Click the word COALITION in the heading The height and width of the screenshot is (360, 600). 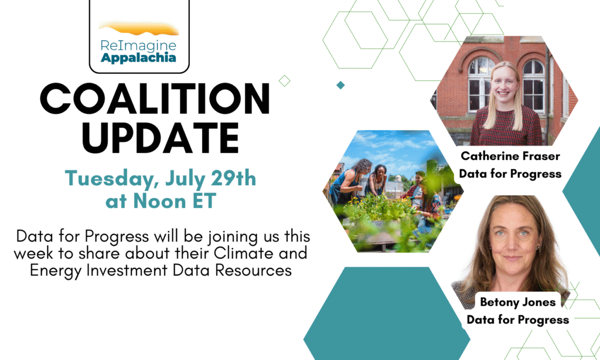(155, 99)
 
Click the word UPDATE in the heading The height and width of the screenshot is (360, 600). (161, 138)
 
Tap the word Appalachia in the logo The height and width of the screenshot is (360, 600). (138, 58)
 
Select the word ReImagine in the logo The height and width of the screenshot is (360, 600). (138, 46)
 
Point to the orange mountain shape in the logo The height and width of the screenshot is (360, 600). (138, 28)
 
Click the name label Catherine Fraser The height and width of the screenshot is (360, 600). (510, 157)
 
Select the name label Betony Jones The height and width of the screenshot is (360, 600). (518, 302)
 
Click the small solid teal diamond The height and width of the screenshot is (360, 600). (340, 85)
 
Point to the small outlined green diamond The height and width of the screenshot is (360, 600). (284, 81)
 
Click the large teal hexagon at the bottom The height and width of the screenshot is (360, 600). (387, 314)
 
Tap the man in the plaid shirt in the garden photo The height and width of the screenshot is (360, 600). (415, 187)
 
